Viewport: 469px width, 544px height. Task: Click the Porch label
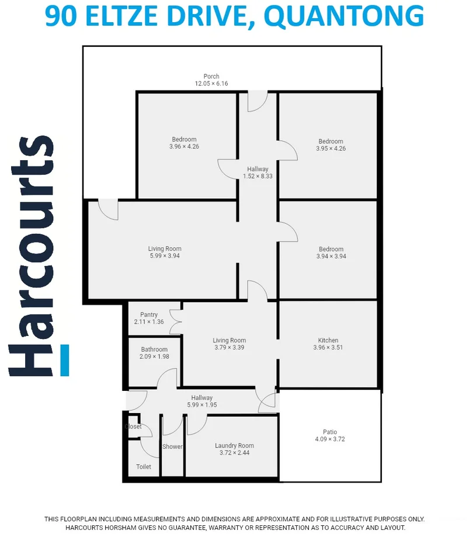coord(211,77)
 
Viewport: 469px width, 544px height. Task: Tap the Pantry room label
coord(149,315)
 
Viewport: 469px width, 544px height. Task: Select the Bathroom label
coord(154,349)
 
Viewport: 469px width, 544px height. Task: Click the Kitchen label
coord(328,341)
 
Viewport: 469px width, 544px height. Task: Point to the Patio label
coord(330,432)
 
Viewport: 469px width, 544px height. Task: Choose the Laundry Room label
coord(234,446)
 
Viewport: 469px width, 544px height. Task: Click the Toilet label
coord(144,467)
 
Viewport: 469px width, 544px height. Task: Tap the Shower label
coord(172,447)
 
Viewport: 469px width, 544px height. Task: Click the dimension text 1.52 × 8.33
coord(258,176)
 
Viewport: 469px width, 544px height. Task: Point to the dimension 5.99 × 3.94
coord(165,256)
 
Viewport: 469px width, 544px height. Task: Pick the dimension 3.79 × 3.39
coord(229,348)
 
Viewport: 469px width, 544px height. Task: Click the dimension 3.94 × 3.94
coord(331,256)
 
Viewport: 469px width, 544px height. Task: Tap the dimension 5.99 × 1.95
coord(202,405)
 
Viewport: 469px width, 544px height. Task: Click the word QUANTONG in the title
coord(348,16)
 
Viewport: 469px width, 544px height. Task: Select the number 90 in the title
coord(61,16)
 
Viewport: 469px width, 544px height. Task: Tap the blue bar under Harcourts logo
coord(65,360)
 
